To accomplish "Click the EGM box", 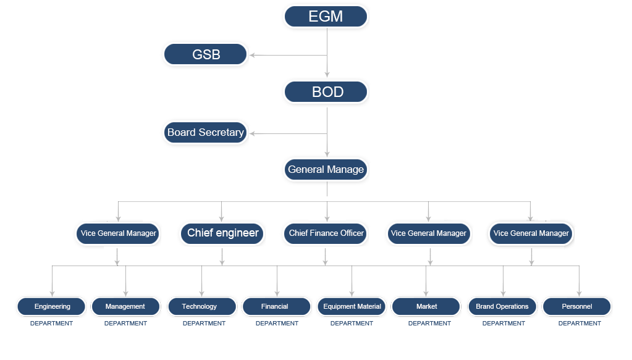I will pos(326,17).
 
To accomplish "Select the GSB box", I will pos(206,54).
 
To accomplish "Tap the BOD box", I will pos(326,93).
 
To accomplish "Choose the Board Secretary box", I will pos(206,132).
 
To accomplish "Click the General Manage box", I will pos(326,169).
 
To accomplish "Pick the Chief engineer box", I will pos(222,233).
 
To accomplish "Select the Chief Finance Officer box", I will pos(326,233).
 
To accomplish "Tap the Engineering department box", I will pos(52,306).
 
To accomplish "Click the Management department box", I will pos(125,306).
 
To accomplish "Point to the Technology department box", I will pos(200,306).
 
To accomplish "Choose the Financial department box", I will pos(275,306).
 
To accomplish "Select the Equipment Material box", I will pos(352,306).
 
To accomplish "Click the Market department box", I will pos(426,306).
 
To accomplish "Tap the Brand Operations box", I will pos(502,306).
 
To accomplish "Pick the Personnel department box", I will pos(577,306).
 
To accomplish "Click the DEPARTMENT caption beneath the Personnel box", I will pos(579,323).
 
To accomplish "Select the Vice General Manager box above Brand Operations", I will pos(531,233).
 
